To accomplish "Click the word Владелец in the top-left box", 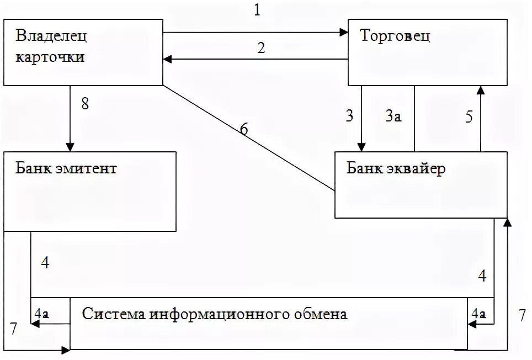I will [x=51, y=36].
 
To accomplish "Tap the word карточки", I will [x=50, y=56].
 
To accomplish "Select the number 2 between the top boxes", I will [x=260, y=47].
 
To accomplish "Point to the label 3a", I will [x=392, y=116].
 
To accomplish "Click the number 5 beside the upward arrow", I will [x=469, y=117].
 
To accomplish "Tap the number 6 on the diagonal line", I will [x=243, y=129].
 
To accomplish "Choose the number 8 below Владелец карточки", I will [x=84, y=104].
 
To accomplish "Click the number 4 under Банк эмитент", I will [x=45, y=263].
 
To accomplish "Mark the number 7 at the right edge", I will [x=522, y=316].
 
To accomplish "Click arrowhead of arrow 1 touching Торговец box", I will [x=343, y=33].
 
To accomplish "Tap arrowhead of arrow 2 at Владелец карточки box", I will [x=167, y=59].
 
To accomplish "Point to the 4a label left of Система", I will [x=41, y=313].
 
